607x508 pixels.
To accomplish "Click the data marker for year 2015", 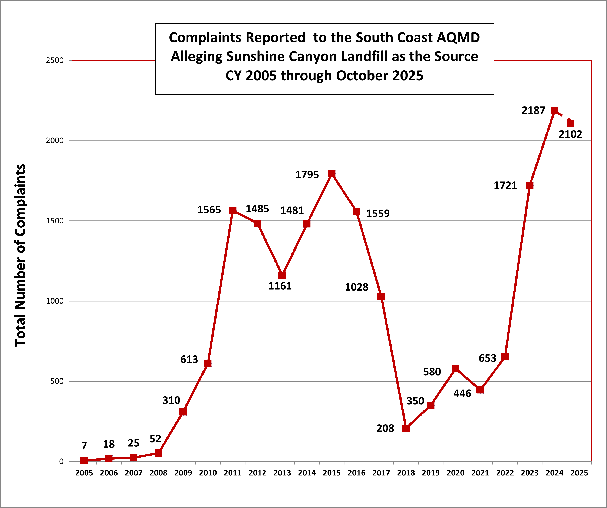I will pos(331,173).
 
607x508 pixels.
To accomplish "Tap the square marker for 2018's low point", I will pos(406,428).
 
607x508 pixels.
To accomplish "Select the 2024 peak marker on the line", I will pos(554,111).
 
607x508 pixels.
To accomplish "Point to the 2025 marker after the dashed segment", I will pos(571,124).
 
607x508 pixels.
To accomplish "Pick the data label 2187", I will pos(533,111).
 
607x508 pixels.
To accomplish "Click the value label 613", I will pos(189,359).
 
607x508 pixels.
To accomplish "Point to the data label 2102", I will pos(570,134).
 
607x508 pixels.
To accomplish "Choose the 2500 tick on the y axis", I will pos(55,60).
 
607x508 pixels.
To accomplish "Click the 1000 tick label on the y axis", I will pos(55,301).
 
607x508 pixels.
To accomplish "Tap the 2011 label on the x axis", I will pos(233,473).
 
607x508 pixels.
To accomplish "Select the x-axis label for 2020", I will pos(455,473).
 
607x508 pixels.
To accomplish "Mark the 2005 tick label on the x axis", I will pos(84,473).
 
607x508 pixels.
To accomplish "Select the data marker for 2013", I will pos(282,275).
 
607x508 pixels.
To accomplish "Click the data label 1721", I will pos(505,185).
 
